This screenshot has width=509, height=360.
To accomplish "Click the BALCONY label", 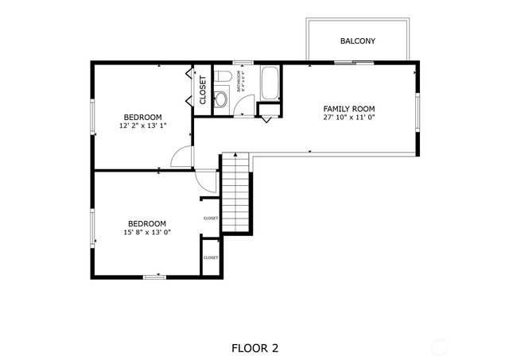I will [357, 41].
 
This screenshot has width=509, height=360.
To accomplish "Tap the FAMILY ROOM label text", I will [348, 108].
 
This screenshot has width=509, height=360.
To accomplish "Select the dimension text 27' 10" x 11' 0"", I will [348, 118].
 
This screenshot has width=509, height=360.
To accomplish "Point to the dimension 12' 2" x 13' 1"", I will [142, 126].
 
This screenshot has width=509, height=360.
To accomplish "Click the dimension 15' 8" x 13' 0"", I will [147, 232].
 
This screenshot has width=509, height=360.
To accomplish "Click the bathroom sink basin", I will [222, 99].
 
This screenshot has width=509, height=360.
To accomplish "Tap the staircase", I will [235, 193].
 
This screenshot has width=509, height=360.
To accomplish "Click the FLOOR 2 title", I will [254, 347].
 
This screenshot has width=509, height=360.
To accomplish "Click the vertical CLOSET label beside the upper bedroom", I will [203, 89].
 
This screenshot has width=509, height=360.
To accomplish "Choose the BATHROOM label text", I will [239, 82].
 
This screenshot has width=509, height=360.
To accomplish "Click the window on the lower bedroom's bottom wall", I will [153, 277].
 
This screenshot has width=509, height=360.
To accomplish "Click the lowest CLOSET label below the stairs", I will [211, 257].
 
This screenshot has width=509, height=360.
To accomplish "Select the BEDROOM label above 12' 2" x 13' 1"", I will [142, 117].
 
